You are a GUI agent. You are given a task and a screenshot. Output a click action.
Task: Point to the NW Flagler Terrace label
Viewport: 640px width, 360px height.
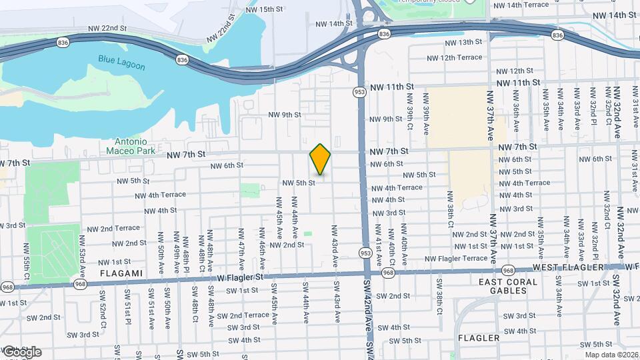tap(456, 259)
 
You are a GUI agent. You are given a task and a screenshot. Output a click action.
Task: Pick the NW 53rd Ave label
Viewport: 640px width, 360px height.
tap(83, 253)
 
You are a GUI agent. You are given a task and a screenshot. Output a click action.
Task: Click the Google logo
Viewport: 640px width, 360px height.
tap(22, 351)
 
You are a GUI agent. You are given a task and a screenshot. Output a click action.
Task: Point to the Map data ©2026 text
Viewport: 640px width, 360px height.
tap(611, 355)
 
